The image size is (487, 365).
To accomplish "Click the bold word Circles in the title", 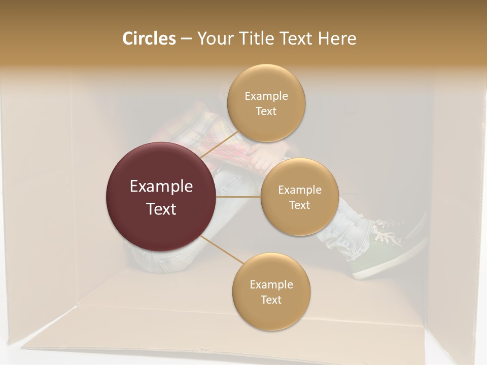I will (149, 39).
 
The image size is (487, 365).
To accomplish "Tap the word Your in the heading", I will (213, 39).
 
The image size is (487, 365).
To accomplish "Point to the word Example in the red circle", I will (161, 187).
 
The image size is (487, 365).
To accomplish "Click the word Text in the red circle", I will (161, 209).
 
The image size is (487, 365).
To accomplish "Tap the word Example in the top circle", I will (266, 96).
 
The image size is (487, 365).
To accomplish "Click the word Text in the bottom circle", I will (271, 300).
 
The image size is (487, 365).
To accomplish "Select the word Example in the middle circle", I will (300, 190).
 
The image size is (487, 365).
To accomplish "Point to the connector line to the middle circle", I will (238, 196).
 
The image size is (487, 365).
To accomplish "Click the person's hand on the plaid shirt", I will (264, 161).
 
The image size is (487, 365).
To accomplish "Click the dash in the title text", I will (186, 39).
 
